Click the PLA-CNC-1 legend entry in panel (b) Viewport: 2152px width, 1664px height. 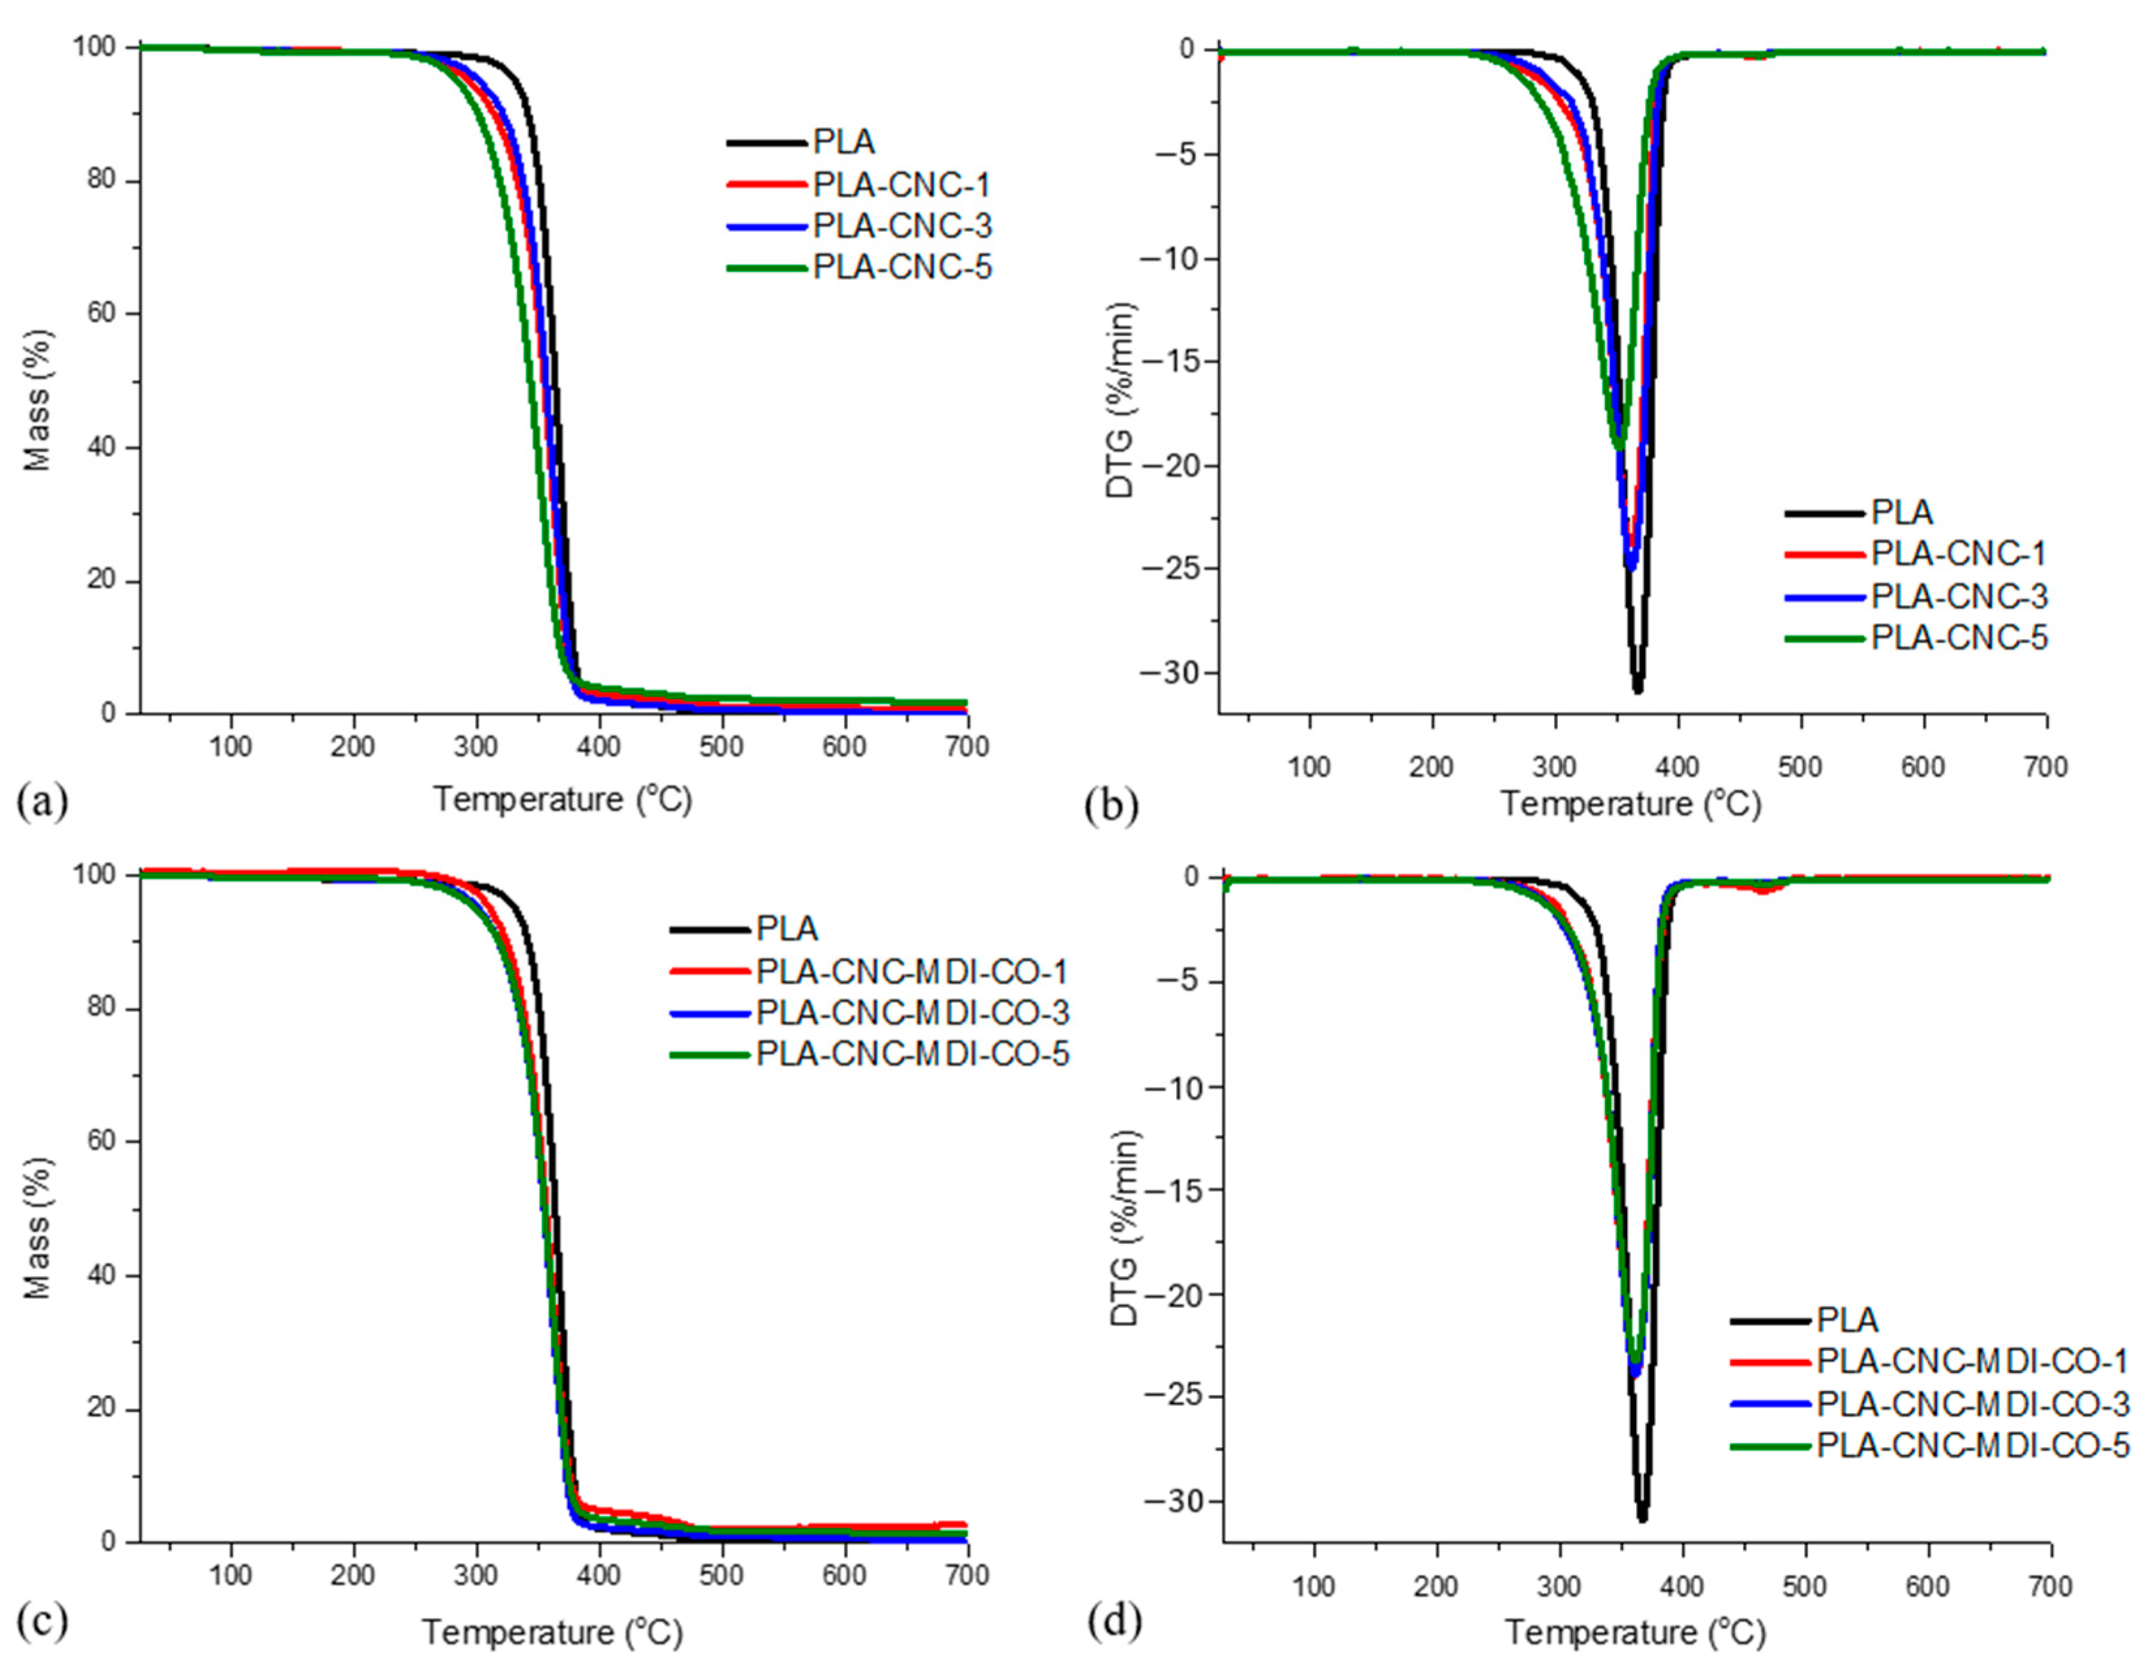coord(1958,554)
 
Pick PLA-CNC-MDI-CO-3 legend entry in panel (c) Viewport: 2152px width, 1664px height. coord(911,1013)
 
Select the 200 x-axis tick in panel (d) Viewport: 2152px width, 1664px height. coord(1437,1587)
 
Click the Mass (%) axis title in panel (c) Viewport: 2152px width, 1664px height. coord(37,1228)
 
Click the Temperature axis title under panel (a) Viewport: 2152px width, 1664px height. coord(563,799)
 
